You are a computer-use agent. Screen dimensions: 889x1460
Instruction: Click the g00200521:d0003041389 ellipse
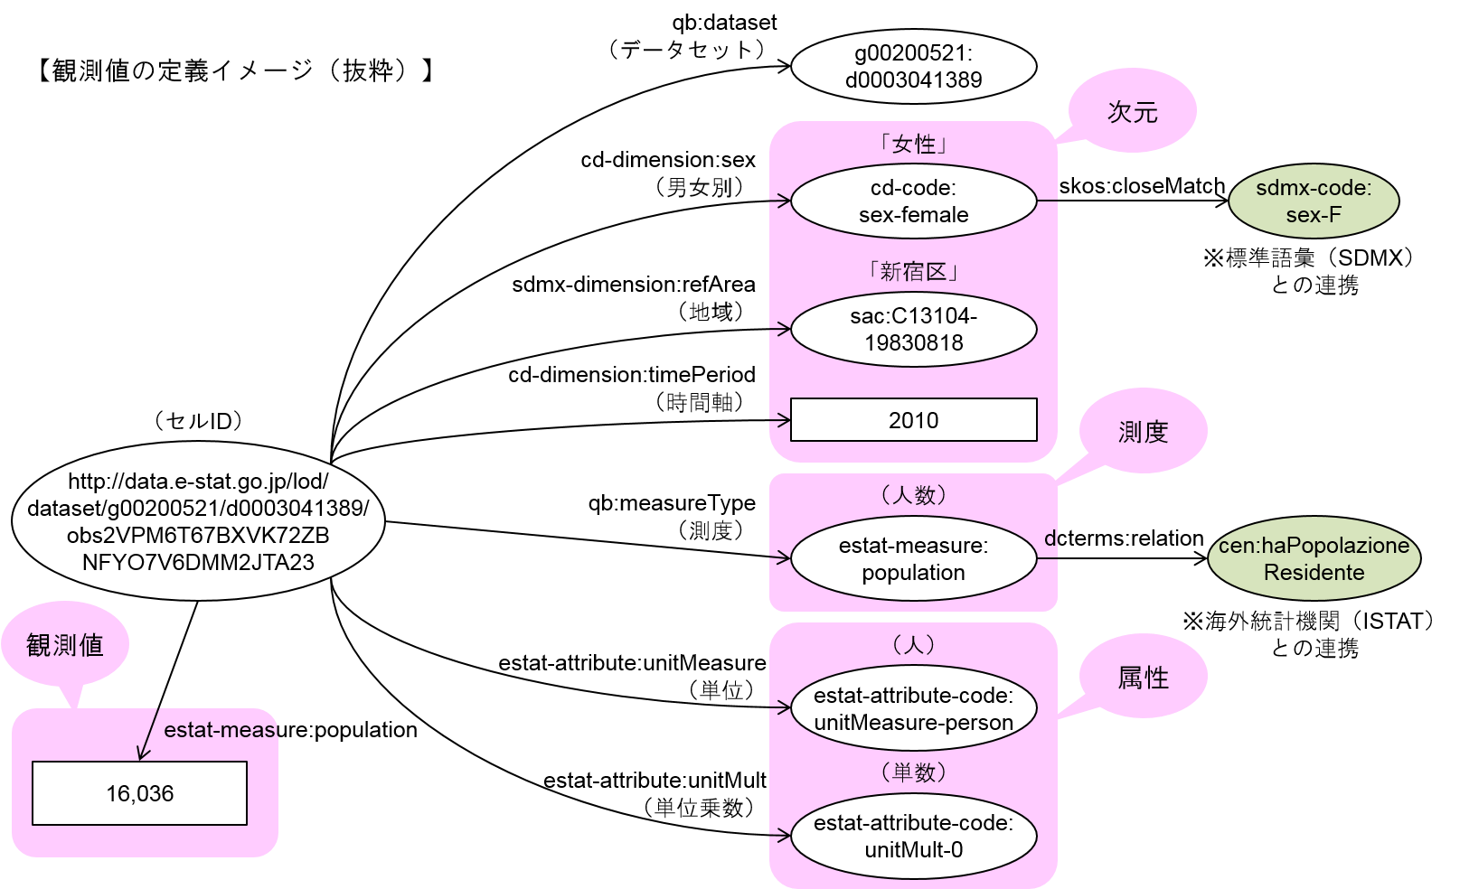[x=913, y=67]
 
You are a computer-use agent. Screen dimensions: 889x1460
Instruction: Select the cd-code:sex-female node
[x=913, y=201]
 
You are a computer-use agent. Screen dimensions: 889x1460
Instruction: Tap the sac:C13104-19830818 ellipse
[x=913, y=330]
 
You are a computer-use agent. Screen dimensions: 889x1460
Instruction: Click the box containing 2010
[x=913, y=420]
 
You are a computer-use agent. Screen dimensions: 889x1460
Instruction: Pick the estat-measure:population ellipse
[x=913, y=559]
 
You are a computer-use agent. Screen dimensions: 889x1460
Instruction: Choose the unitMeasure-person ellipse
[x=913, y=709]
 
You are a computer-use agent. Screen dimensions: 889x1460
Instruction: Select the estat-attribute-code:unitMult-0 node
[x=913, y=837]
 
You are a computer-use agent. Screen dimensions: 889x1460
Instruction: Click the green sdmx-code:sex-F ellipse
[x=1313, y=201]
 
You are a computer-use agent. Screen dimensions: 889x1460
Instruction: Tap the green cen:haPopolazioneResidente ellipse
[x=1313, y=559]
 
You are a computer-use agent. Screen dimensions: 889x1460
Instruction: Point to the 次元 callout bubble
[x=1132, y=112]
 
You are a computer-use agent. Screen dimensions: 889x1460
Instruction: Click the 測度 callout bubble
[x=1143, y=432]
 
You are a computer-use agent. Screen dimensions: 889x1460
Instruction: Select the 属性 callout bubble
[x=1143, y=678]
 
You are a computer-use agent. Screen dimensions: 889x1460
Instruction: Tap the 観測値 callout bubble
[x=65, y=645]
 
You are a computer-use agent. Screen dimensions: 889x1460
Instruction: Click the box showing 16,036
[x=139, y=793]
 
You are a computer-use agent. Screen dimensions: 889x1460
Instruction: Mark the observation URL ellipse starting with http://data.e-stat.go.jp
[x=198, y=522]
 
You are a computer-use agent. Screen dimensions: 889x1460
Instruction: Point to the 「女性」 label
[x=913, y=145]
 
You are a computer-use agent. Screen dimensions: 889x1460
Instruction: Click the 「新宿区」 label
[x=913, y=272]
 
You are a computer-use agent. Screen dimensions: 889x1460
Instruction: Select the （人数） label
[x=913, y=495]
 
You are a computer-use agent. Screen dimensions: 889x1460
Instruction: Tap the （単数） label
[x=913, y=772]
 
